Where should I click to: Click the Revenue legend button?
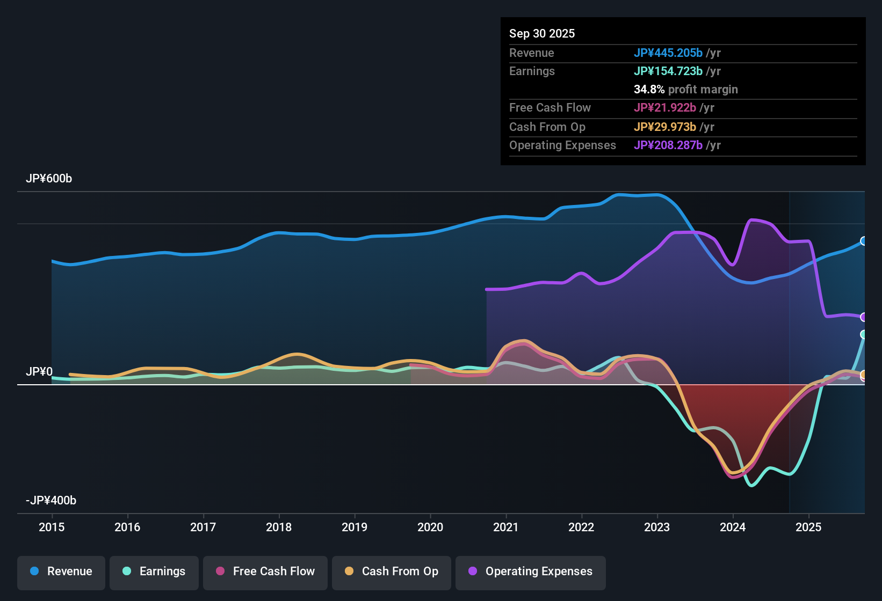pos(61,571)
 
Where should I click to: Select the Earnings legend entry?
pos(154,571)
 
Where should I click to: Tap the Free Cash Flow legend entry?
pos(265,571)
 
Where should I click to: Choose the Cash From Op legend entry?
pos(392,571)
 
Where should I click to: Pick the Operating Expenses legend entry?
pos(531,571)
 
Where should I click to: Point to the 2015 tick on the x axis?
pos(52,527)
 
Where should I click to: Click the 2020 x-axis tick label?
pos(430,527)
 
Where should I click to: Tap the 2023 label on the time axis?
pos(657,527)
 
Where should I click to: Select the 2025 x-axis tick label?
pos(808,527)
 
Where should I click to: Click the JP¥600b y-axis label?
pos(49,179)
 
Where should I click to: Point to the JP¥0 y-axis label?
pos(39,372)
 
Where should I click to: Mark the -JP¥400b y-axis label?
pos(51,501)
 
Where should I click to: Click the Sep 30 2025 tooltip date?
pos(542,34)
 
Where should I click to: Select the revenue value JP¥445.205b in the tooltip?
pos(668,53)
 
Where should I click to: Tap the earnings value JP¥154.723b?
pos(668,71)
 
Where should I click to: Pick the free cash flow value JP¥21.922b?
pos(665,108)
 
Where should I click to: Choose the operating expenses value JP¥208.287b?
pos(668,145)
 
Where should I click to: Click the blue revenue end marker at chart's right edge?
pos(863,241)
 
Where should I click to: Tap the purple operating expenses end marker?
pos(863,317)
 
